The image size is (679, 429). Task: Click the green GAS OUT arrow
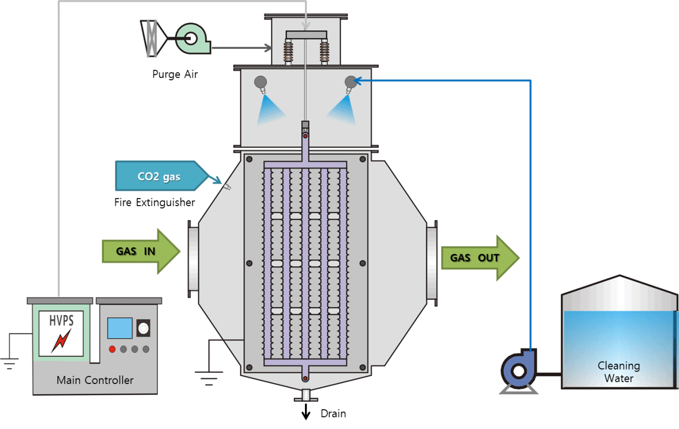tap(479, 258)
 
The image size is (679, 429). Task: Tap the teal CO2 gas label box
tap(160, 176)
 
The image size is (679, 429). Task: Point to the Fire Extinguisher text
tap(154, 202)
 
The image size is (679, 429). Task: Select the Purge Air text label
tap(175, 74)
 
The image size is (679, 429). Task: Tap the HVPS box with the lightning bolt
tap(61, 333)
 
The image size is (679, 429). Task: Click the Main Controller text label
tap(95, 380)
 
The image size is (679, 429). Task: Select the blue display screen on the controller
tap(120, 328)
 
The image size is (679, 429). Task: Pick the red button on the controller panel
tap(112, 349)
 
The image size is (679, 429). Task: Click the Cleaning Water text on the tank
tap(618, 372)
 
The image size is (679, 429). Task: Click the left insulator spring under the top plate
tap(289, 52)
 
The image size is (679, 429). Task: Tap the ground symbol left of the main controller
tap(9, 364)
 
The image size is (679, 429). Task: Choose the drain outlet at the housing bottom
tap(305, 396)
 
